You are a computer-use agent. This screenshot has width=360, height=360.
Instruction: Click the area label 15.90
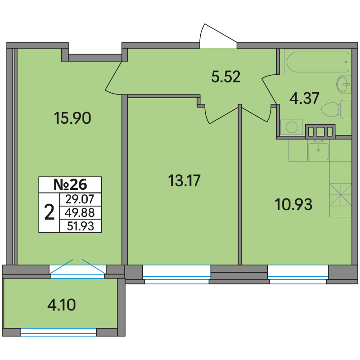(72, 118)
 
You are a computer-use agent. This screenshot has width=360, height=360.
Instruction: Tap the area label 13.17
(184, 180)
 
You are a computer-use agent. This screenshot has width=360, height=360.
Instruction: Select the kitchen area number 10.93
(293, 204)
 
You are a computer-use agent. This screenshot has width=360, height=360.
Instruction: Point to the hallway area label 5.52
(226, 76)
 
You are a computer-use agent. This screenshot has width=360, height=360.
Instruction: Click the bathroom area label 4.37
(304, 98)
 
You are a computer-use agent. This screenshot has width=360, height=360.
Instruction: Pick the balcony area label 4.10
(62, 305)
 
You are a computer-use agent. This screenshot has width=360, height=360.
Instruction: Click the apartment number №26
(70, 184)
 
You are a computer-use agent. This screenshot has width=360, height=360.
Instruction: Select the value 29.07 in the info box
(80, 199)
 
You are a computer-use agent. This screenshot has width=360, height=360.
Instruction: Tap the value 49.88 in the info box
(80, 212)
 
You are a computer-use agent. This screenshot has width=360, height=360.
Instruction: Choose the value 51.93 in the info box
(81, 226)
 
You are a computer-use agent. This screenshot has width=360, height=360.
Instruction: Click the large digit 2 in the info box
(49, 212)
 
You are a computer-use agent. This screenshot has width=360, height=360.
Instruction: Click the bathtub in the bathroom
(318, 62)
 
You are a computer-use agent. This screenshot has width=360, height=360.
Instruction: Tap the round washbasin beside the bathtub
(344, 85)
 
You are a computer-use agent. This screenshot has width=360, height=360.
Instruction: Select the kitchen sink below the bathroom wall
(318, 151)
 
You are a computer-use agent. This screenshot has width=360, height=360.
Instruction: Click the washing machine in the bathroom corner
(292, 127)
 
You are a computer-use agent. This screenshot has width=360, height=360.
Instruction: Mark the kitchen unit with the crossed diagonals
(341, 195)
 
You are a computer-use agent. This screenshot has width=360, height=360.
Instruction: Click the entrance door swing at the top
(218, 36)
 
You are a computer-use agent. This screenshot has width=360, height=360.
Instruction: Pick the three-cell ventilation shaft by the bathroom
(320, 131)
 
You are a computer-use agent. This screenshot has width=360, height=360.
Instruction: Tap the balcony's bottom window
(58, 332)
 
